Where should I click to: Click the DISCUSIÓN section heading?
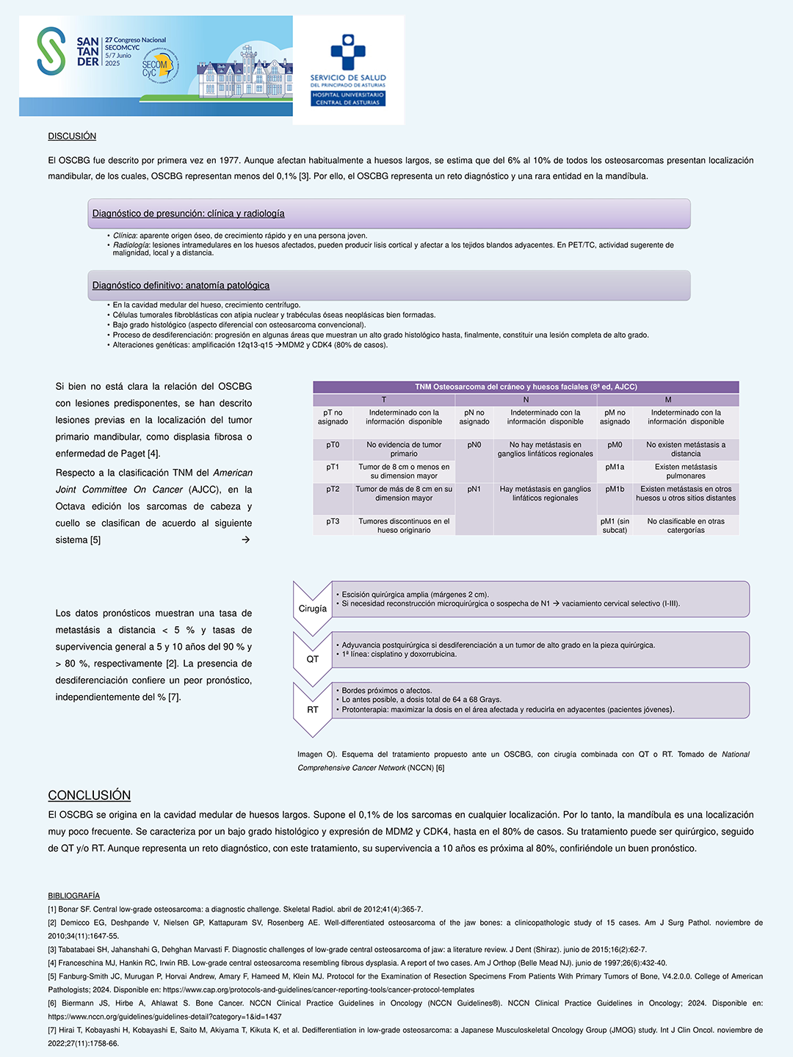click(72, 136)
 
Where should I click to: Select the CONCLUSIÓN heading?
click(89, 796)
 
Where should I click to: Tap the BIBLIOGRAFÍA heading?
click(73, 896)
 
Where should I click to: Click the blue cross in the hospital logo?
click(347, 51)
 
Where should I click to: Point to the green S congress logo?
click(51, 51)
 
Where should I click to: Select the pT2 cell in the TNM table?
click(333, 489)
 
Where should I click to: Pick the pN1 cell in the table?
click(474, 489)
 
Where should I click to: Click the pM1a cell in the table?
click(615, 467)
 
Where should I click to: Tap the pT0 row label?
click(333, 445)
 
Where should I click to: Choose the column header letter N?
click(526, 400)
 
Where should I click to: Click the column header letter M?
click(668, 400)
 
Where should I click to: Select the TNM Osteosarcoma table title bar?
click(526, 387)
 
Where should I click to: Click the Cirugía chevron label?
click(313, 609)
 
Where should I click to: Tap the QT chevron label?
click(313, 659)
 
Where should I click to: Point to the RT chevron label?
click(313, 710)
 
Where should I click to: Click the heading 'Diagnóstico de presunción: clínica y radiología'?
click(189, 214)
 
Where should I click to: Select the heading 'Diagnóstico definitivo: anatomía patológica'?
click(181, 286)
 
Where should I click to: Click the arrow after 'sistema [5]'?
click(246, 540)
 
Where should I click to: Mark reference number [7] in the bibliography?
click(52, 1030)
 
